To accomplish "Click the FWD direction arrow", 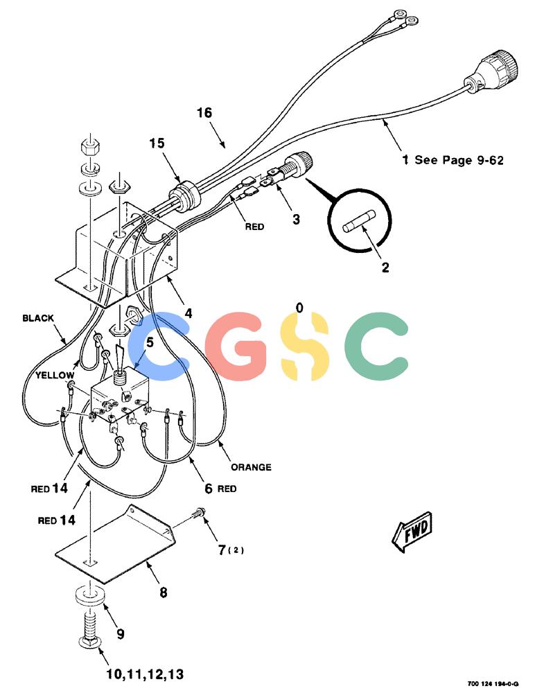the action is point(412,532).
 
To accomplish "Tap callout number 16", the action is point(204,113).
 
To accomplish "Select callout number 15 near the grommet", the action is point(157,143).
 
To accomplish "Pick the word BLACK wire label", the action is point(38,318).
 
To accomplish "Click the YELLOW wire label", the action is point(55,375).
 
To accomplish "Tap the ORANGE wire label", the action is point(251,467).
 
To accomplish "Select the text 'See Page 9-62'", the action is point(459,160).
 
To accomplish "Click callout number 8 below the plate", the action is point(164,593).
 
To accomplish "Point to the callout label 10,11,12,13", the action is point(145,674).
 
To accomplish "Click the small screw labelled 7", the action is point(198,513).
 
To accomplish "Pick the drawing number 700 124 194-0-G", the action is point(493,683).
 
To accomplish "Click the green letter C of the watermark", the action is point(376,346).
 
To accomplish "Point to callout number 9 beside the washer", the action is point(121,634).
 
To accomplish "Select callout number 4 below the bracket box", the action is point(188,313).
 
